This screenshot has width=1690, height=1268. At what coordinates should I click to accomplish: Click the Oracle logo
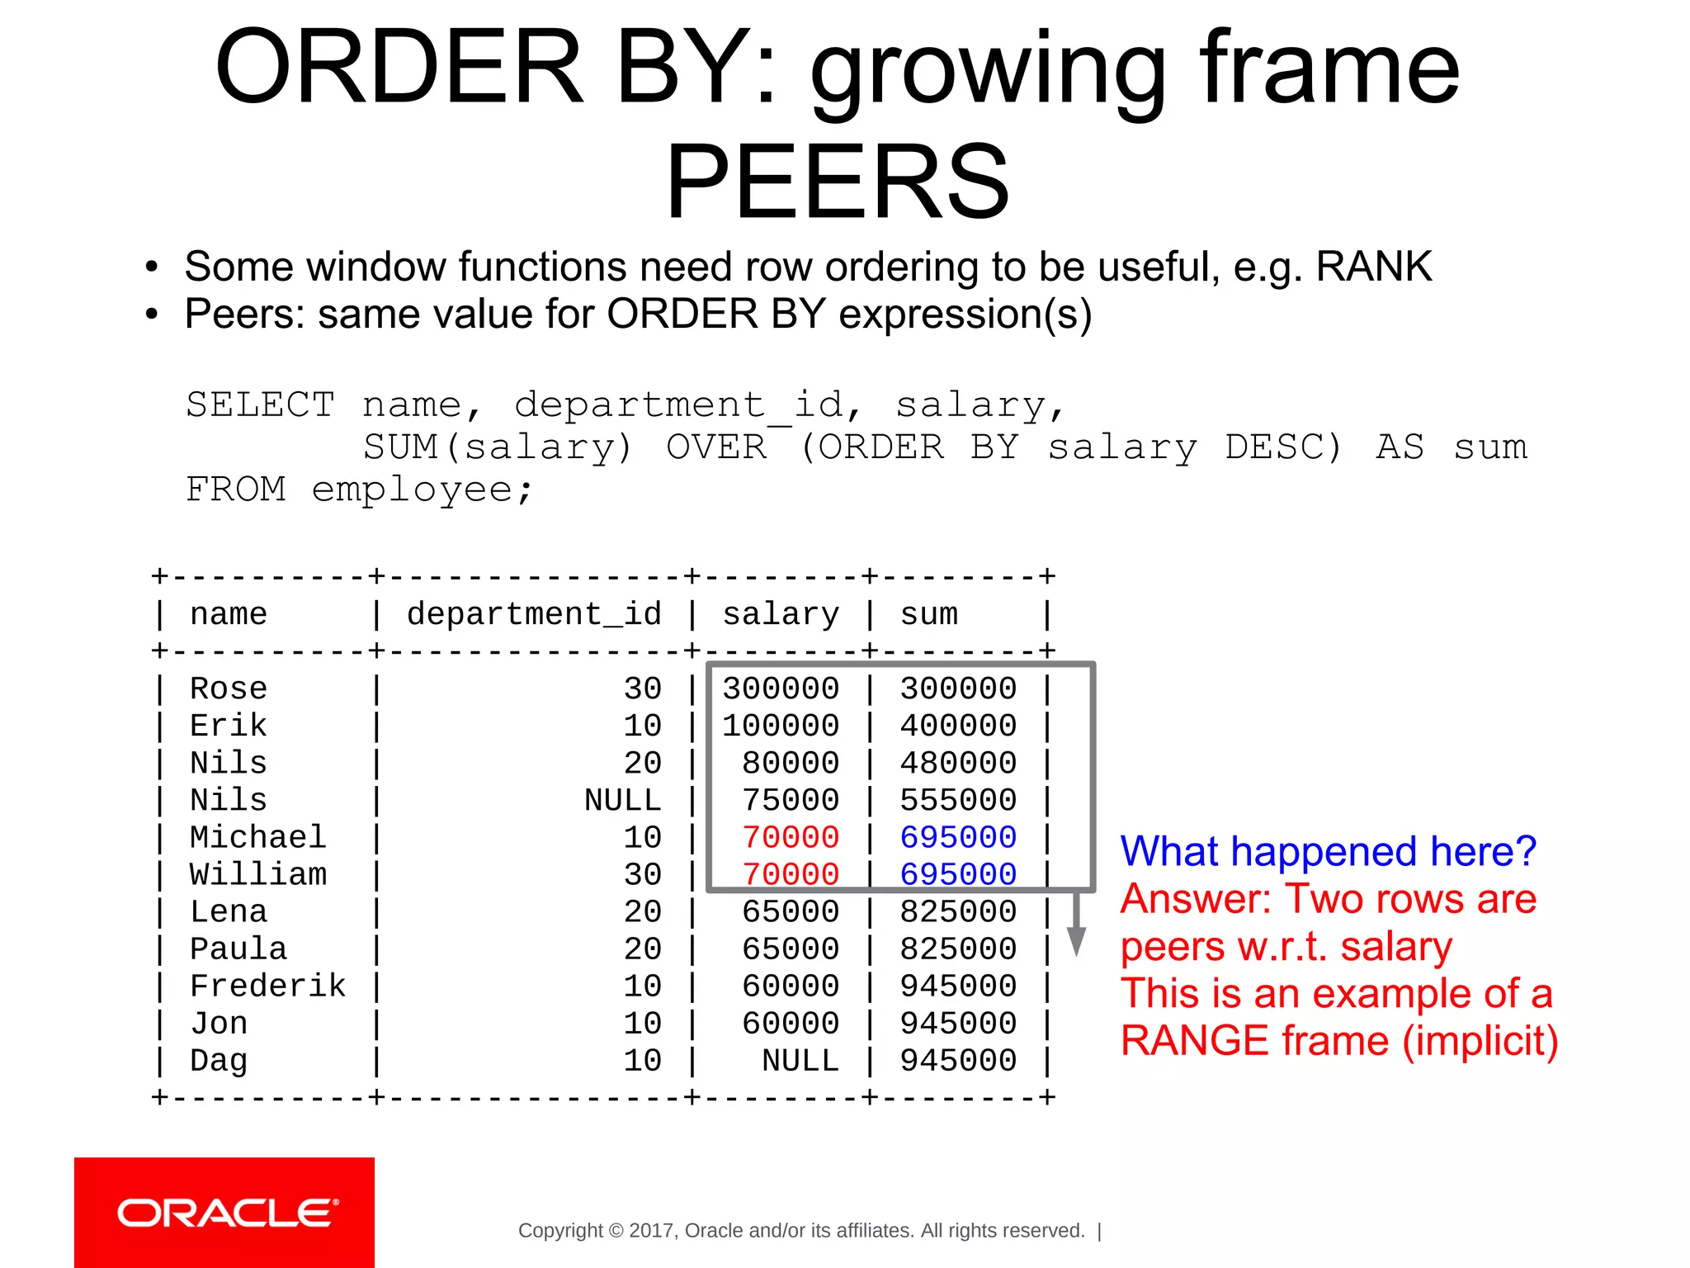tap(224, 1213)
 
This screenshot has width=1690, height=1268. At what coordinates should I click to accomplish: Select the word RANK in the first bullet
tap(1373, 267)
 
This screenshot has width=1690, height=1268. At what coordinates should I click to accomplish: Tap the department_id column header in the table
tap(534, 614)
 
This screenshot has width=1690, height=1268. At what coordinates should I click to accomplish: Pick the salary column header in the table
tap(781, 614)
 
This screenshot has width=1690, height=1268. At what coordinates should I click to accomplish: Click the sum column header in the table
tap(929, 614)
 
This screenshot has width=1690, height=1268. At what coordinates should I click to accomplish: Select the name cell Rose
tap(229, 688)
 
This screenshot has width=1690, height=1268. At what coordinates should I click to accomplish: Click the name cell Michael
tap(257, 837)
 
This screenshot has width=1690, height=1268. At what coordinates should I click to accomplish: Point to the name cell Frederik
tap(267, 986)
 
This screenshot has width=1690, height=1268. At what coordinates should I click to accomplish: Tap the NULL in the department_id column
tap(623, 800)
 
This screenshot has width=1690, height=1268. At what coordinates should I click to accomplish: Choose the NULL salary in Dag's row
tap(800, 1060)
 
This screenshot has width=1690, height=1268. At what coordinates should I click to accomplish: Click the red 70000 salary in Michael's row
tap(791, 837)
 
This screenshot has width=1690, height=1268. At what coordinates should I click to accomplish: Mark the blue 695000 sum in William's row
tap(958, 874)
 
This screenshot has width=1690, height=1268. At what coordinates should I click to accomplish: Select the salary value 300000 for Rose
tap(781, 688)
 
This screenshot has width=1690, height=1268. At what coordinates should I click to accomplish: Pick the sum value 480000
tap(958, 763)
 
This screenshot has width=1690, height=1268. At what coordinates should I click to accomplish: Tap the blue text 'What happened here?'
tap(1328, 851)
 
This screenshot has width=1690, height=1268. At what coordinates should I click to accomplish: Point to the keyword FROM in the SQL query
tap(236, 490)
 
